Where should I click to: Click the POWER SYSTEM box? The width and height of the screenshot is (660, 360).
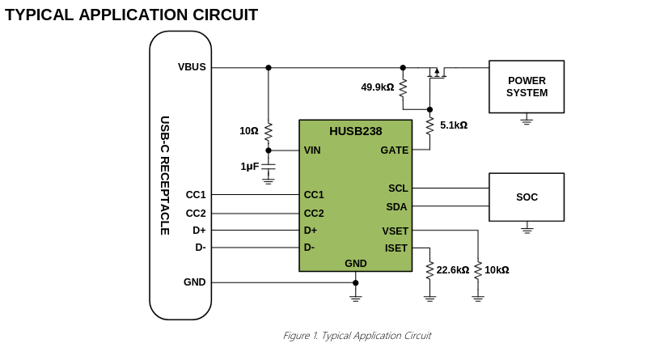[x=527, y=87]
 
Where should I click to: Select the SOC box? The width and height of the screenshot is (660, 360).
[x=527, y=197]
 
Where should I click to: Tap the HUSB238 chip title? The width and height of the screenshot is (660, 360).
[x=355, y=131]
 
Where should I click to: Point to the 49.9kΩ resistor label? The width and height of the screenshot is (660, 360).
[x=377, y=87]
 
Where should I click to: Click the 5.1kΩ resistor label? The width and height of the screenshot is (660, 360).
[x=453, y=125]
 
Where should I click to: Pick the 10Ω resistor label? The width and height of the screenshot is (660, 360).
[x=248, y=131]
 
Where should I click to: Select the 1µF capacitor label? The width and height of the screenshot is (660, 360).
[x=249, y=167]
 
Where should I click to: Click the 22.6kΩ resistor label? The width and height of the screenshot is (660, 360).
[x=452, y=270]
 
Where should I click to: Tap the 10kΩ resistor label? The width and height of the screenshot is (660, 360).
[x=497, y=270]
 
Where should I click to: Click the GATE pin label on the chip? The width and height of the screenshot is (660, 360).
[x=394, y=150]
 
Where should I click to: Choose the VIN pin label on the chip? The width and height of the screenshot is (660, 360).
[x=312, y=150]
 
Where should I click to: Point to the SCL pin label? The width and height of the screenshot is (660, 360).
[x=398, y=188]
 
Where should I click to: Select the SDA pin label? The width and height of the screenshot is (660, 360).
[x=396, y=207]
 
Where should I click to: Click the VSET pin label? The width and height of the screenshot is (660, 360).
[x=395, y=231]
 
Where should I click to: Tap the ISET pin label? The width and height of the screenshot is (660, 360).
[x=396, y=248]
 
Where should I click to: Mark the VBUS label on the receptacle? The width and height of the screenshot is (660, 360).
[x=192, y=67]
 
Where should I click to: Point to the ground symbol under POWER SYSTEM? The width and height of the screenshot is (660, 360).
[x=527, y=121]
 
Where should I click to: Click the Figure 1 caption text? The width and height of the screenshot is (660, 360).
[x=357, y=336]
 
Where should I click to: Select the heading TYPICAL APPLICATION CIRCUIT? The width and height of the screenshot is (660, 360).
[x=132, y=15]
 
